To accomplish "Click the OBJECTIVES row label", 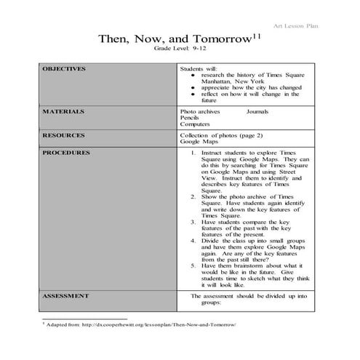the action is [x=64, y=69].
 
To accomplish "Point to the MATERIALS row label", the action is [x=63, y=112].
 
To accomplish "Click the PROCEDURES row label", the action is [x=66, y=153].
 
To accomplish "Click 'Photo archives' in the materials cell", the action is [x=199, y=112].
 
